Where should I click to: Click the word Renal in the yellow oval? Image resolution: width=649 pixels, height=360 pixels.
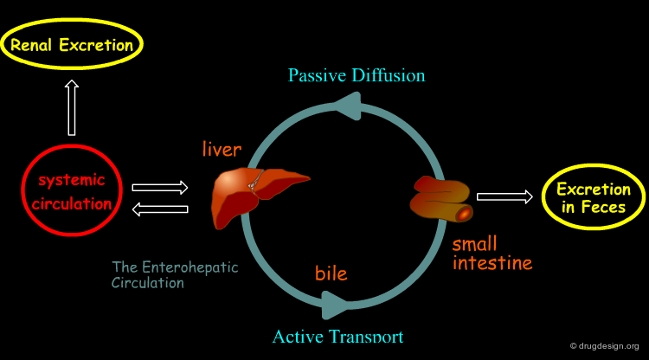pos(31,45)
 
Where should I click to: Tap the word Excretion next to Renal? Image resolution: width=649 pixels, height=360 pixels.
pos(96,45)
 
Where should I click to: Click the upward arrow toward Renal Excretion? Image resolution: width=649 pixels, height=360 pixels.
pos(72,107)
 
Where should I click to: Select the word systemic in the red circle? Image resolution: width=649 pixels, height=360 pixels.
pos(72,180)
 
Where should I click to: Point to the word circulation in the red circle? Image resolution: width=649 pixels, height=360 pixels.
pos(72,203)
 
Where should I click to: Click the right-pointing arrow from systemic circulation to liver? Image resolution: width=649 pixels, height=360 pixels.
pos(160,188)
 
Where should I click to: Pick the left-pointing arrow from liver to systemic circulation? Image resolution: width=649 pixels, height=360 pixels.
pos(160,209)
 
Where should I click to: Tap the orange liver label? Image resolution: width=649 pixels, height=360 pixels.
pos(222,150)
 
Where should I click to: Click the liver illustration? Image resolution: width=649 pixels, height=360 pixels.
pos(253,195)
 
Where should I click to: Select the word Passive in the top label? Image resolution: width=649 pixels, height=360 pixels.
pos(317,75)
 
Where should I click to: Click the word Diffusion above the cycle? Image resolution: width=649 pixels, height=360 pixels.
pos(389,75)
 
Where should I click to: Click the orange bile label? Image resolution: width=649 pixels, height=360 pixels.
pos(331,273)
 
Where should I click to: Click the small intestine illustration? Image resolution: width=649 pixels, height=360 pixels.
pos(441,199)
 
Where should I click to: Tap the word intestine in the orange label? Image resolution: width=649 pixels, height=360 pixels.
pos(492,263)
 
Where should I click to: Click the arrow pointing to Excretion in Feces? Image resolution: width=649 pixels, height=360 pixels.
pos(504,197)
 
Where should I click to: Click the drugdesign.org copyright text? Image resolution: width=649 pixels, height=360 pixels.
pos(605,346)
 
